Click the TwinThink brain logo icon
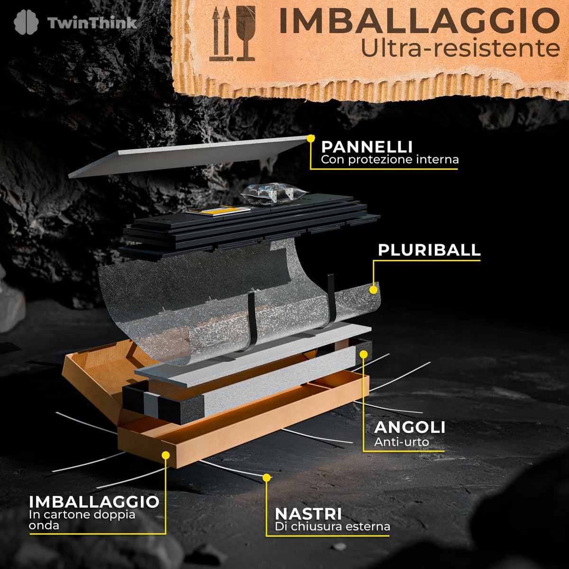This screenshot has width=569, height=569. coord(26,22)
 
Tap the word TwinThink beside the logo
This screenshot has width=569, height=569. coord(92,23)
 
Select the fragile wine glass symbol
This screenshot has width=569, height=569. coord(245,33)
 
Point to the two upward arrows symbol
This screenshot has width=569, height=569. coord(221,34)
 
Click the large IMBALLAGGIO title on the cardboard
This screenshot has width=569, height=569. coord(419,21)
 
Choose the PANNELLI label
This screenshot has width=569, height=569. coord(367,147)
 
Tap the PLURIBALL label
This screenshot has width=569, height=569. coord(429,250)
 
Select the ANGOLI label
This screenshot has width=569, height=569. coord(410,428)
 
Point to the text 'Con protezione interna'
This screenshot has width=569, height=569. coord(390,160)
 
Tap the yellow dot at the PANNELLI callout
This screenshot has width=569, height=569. coord(311,138)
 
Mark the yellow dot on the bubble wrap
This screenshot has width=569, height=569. coord(374,290)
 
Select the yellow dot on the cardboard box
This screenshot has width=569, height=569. coord(166,455)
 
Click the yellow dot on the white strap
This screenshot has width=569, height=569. coord(266,477)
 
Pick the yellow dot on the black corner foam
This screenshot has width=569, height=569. coord(364,354)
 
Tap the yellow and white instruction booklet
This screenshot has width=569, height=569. coord(218,211)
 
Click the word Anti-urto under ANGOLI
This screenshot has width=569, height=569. coord(401,442)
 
